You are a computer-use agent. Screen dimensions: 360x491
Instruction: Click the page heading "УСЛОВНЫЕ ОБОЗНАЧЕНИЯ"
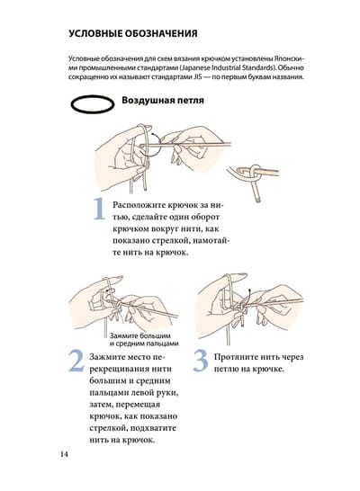133,33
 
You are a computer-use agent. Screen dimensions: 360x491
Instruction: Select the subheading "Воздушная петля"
163,100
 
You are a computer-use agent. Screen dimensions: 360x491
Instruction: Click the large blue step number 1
100,209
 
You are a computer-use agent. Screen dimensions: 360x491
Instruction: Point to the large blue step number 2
76,361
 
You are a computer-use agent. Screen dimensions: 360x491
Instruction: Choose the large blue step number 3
201,361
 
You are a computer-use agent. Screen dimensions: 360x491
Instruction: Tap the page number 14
64,454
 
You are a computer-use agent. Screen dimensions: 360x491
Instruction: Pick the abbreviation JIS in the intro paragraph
195,76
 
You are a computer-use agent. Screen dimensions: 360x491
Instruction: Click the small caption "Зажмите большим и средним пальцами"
144,339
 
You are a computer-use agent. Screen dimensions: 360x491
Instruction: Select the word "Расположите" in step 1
139,205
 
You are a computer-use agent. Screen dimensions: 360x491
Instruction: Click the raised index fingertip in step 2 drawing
118,279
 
